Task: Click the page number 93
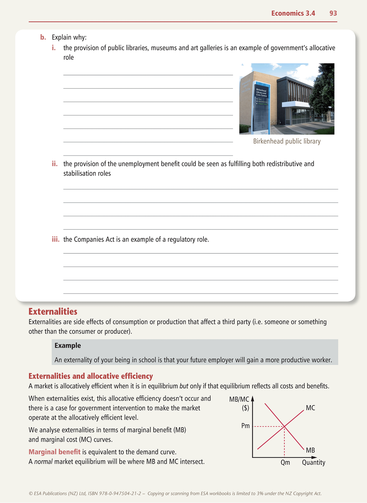coord(333,13)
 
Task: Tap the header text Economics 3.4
coord(293,13)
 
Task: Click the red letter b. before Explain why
coord(43,37)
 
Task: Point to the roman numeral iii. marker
coord(56,239)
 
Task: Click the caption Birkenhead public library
coord(287,141)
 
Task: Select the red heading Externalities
coord(53,311)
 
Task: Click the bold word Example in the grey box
coord(68,345)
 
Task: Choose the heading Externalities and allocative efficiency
coord(91,376)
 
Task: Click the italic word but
coord(184,386)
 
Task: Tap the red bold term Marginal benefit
coord(54,452)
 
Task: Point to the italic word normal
coord(43,461)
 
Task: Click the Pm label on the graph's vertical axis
coord(245,426)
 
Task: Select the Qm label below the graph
coord(285,462)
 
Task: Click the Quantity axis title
coord(313,462)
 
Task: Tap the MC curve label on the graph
coord(310,408)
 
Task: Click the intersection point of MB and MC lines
coord(284,427)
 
